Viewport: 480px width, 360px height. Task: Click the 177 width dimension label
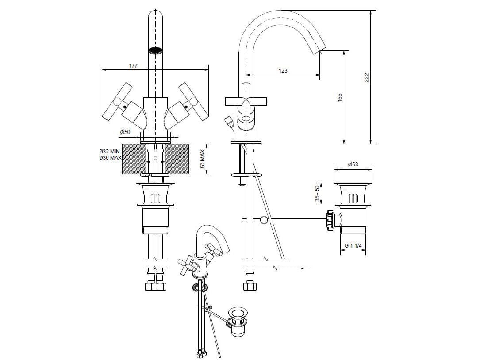(133, 65)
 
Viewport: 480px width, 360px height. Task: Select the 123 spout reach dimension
(283, 70)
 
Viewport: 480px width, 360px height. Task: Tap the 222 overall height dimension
(366, 77)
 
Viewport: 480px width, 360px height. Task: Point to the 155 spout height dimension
(339, 97)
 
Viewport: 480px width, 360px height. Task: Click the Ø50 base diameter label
(125, 132)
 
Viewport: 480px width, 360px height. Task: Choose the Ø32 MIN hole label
(109, 152)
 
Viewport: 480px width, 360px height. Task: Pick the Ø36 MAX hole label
(110, 157)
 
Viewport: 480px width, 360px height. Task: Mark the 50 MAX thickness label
(202, 159)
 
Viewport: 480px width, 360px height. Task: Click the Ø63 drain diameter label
(353, 165)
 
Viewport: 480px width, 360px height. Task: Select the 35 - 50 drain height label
(317, 193)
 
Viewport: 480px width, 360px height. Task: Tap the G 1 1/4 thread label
(353, 245)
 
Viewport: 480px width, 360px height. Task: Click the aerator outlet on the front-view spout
(155, 50)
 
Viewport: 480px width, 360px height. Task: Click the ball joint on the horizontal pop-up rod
(264, 220)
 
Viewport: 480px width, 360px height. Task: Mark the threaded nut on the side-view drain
(330, 220)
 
